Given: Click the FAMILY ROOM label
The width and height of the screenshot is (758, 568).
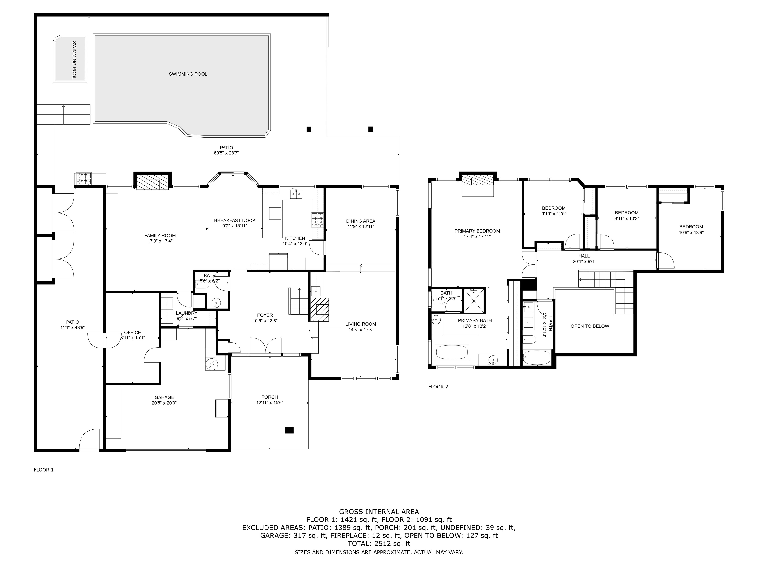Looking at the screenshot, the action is click(x=160, y=235).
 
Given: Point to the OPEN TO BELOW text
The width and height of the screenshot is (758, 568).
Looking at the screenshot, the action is click(x=590, y=326).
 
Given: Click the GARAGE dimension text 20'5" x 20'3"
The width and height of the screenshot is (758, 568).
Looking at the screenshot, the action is click(x=164, y=403).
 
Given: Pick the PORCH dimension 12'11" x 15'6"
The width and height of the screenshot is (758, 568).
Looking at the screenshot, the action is click(x=270, y=403).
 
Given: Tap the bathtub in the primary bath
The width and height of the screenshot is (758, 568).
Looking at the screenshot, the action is click(x=452, y=352).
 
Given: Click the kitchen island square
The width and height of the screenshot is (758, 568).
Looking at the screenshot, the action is click(x=275, y=213).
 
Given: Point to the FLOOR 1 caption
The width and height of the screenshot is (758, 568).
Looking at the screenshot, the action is click(x=43, y=470).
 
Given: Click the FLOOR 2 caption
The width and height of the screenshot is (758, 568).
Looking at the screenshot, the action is click(x=438, y=387).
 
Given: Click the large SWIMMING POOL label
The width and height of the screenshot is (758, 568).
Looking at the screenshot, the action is click(x=188, y=74).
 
